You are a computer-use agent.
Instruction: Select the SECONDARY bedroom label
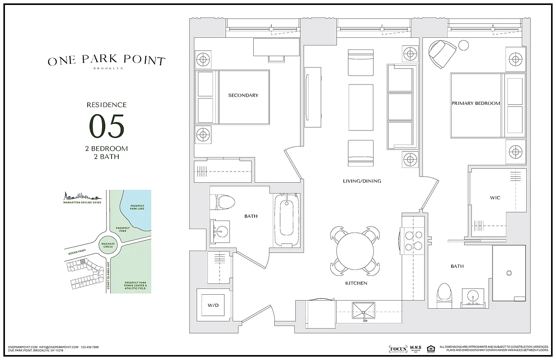(x=243, y=95)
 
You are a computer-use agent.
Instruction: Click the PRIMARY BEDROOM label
(x=475, y=103)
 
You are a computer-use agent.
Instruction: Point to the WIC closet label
(x=495, y=198)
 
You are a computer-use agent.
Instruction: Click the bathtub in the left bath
(x=286, y=219)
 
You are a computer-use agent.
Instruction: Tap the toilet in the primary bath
(x=444, y=295)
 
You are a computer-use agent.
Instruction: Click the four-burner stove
(x=413, y=240)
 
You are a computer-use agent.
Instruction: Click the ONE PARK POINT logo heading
(x=107, y=61)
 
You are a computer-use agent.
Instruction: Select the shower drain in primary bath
(x=510, y=273)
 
